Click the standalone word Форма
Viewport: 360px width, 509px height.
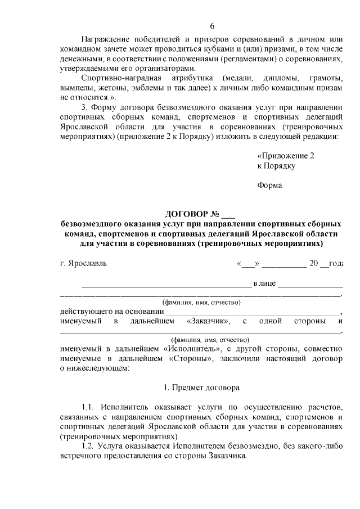pyautogui.click(x=269, y=186)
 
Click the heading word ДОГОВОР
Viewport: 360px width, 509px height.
pyautogui.click(x=186, y=214)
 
